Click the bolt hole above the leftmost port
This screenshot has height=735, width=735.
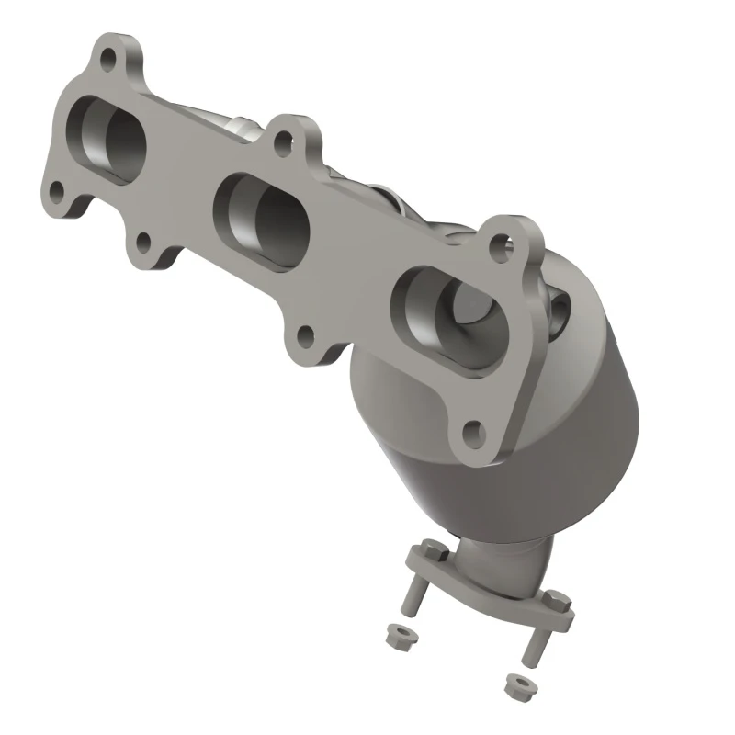[108, 61]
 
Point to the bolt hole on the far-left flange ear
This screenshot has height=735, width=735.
[56, 194]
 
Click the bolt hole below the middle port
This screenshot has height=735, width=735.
[306, 336]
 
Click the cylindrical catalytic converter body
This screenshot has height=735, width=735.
[588, 432]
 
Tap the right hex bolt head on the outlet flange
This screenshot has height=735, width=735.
[557, 602]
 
